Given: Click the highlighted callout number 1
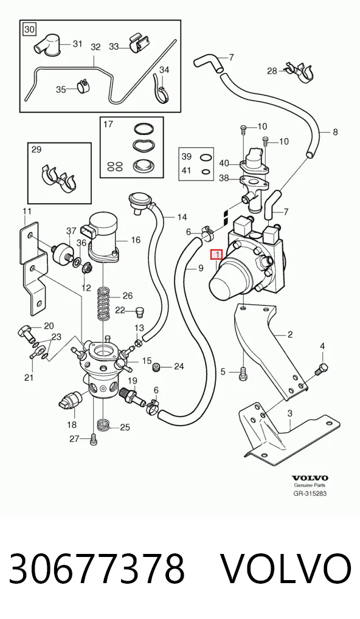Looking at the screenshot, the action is pos(217,255).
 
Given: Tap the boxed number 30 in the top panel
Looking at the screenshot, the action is pos(29,29).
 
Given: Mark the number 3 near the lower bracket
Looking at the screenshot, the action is pos(290,413).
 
